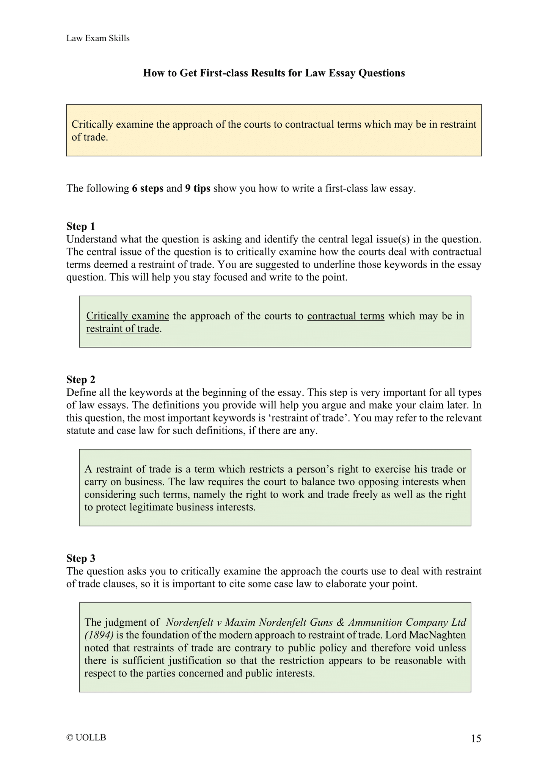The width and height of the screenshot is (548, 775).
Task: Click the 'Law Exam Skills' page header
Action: [x=98, y=38]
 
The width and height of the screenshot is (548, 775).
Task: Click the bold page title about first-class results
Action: [x=274, y=73]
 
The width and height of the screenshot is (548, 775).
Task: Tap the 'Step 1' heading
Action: [x=80, y=227]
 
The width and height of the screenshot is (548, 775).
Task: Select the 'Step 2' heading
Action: [x=80, y=380]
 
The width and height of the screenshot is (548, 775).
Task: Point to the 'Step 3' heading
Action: [x=80, y=558]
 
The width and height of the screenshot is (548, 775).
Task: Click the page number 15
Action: [x=476, y=738]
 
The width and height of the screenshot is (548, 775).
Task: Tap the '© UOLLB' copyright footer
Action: [x=86, y=737]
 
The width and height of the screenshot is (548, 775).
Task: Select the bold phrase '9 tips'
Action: [x=198, y=188]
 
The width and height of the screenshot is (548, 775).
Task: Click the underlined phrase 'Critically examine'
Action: [x=127, y=316]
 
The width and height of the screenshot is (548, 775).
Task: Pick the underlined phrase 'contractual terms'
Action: [x=345, y=316]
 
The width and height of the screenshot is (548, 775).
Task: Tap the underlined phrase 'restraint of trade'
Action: [x=122, y=328]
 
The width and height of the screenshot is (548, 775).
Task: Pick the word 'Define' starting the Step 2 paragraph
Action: [x=79, y=392]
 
